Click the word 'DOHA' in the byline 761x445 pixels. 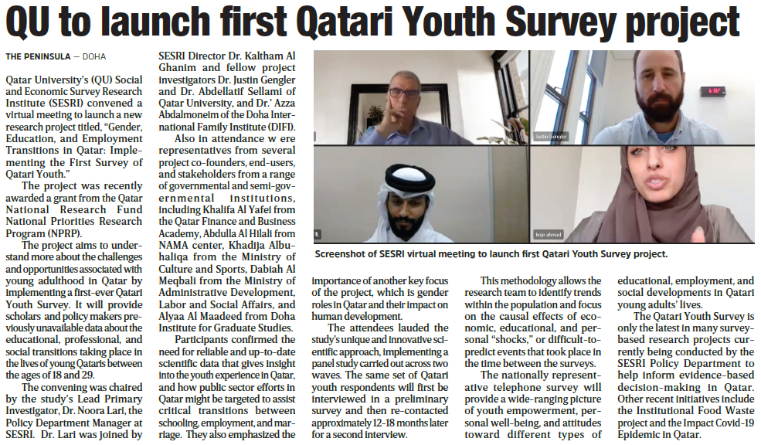[93, 56]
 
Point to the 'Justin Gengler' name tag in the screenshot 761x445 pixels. [551, 137]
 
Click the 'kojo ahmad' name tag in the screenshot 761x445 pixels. [549, 234]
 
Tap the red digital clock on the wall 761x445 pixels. [712, 91]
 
